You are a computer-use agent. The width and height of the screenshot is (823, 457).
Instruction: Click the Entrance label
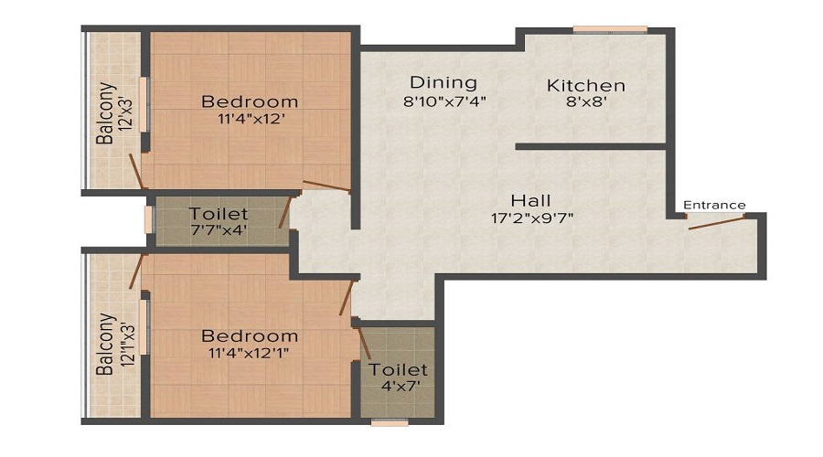click(714, 205)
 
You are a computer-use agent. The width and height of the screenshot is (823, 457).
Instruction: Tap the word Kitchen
click(585, 86)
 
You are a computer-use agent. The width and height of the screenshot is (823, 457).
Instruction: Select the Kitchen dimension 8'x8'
click(585, 103)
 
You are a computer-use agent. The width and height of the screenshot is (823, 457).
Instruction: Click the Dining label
click(444, 82)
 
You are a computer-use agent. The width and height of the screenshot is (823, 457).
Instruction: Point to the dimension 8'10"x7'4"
click(444, 101)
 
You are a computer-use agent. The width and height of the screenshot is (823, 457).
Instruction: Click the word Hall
click(531, 200)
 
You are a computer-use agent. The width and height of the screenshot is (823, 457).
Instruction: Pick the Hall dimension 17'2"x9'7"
click(531, 218)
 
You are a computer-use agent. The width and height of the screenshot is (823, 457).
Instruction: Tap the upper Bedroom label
click(250, 101)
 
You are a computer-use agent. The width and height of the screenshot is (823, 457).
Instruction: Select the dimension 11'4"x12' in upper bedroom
click(250, 118)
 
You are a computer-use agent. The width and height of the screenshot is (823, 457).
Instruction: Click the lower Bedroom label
click(250, 335)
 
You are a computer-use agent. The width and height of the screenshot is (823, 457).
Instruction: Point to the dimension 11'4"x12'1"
click(250, 354)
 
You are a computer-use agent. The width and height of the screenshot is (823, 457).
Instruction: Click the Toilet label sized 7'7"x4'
click(219, 215)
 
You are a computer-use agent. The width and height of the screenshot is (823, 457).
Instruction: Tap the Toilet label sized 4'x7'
click(398, 370)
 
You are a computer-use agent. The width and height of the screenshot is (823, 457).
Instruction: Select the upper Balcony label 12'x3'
click(108, 114)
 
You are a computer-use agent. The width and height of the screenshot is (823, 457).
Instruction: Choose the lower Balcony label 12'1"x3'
click(108, 345)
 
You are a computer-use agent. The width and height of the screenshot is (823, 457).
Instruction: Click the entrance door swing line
click(714, 221)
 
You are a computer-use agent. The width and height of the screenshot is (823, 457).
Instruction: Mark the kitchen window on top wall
click(611, 29)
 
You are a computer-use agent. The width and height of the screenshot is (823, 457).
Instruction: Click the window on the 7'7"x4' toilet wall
click(148, 220)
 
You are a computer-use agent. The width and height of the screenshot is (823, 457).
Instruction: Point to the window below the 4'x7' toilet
click(390, 422)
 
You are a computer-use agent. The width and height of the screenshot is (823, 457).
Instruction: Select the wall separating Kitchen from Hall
click(590, 146)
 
